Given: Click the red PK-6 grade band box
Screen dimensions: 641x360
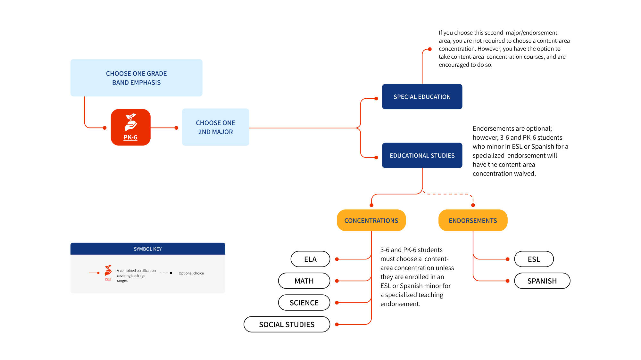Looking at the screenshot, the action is (x=130, y=127).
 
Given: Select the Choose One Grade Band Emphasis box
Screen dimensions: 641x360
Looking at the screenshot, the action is (x=136, y=78).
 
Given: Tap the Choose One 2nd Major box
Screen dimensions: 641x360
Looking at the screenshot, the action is (x=215, y=127).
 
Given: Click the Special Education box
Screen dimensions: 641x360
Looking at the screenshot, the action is (x=422, y=96).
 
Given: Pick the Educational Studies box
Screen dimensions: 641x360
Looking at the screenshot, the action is (x=422, y=155).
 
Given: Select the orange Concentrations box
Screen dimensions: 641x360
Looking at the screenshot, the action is (x=371, y=220).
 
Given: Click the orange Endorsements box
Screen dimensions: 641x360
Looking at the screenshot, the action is (x=473, y=220).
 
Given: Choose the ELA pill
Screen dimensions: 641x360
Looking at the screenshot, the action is (x=310, y=259).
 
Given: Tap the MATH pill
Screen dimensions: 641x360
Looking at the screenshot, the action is (x=304, y=281).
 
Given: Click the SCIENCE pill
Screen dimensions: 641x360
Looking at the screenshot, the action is (x=304, y=303).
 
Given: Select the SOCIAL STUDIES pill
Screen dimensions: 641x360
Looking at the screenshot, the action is (x=287, y=324).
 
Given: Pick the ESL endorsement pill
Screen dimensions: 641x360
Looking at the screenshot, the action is (x=534, y=259).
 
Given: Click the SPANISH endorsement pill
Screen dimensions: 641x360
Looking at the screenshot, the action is (x=542, y=281).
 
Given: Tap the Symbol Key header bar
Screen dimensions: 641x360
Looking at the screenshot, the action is (x=148, y=249).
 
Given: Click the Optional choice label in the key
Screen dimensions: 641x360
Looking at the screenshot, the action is (x=191, y=273).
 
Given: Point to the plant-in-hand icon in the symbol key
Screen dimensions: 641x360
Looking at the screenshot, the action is (x=108, y=271).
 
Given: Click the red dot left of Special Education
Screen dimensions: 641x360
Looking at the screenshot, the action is (x=376, y=99).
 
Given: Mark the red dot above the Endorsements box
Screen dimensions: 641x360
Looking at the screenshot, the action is (x=473, y=205).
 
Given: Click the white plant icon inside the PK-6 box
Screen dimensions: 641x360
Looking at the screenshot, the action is (x=131, y=122).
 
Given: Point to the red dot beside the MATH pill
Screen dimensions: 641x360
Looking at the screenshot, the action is (x=337, y=281).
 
